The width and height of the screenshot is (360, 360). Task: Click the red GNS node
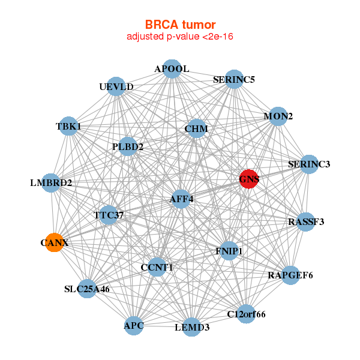(249, 179)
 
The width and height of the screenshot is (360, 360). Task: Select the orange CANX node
(55, 242)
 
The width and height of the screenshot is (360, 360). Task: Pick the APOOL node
(172, 69)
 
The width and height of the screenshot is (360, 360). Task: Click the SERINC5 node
(233, 79)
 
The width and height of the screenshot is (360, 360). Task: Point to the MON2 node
(278, 116)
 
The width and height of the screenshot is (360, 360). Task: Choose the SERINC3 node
(308, 164)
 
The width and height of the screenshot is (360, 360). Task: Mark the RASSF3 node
(306, 221)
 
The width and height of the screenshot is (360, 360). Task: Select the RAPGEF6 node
(290, 275)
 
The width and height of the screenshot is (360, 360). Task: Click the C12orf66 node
(246, 313)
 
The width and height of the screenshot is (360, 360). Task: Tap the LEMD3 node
(192, 327)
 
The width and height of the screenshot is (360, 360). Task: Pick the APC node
(134, 326)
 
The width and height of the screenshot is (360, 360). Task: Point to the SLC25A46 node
(88, 289)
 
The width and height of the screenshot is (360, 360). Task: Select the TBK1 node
(68, 127)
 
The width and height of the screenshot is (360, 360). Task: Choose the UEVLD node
(116, 87)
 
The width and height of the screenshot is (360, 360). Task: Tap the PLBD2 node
(128, 146)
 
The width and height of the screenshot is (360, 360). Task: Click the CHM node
(196, 129)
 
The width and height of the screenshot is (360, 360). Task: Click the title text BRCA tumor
(179, 25)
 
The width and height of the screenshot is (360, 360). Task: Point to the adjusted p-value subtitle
(179, 37)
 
